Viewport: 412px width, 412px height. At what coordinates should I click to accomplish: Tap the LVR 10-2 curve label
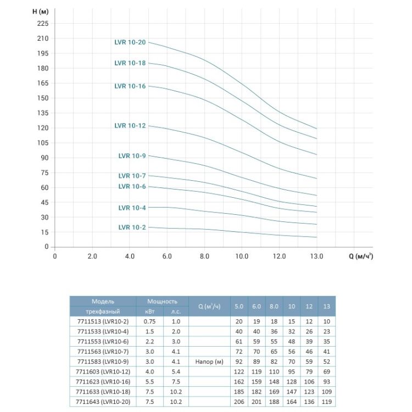(132, 227)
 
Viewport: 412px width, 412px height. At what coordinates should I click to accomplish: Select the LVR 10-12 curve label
(130, 126)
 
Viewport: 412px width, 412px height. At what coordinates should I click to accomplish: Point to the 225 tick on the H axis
(43, 24)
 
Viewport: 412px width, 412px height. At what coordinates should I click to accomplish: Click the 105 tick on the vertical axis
(43, 143)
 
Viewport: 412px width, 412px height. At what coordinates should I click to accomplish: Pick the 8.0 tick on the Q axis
(204, 257)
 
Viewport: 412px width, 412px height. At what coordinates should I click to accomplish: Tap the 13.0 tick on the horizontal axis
(317, 257)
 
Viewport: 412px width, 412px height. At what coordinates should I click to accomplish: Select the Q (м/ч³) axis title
(361, 257)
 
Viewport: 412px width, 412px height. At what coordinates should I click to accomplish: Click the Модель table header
(103, 302)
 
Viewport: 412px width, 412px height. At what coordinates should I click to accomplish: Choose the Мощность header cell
(162, 302)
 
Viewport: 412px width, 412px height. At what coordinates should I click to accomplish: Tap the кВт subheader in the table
(149, 311)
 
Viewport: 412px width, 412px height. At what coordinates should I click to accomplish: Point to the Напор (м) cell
(208, 361)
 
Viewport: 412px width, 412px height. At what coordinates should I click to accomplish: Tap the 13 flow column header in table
(327, 306)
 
